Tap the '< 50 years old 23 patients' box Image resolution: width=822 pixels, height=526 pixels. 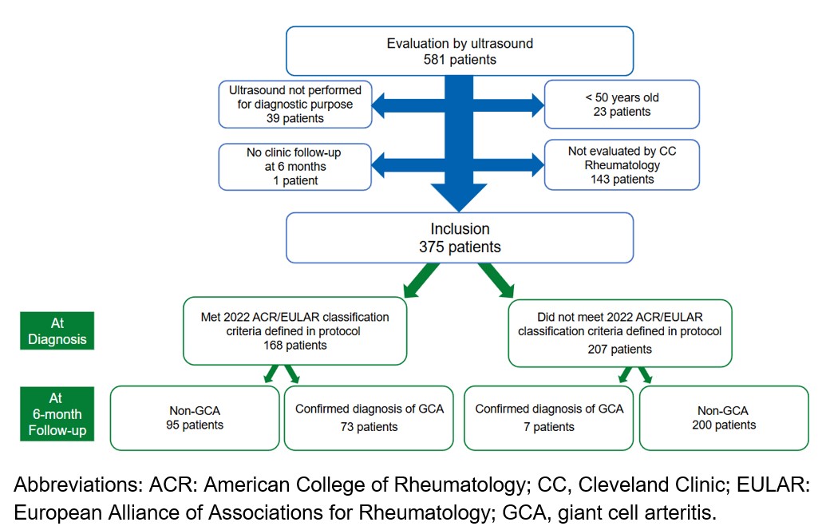tap(622, 104)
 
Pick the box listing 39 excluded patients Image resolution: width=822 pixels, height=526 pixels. tap(294, 104)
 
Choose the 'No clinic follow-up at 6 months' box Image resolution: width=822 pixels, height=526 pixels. tap(294, 166)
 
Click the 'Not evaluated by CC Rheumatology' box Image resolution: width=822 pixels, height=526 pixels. tap(622, 166)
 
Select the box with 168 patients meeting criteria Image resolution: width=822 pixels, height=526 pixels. tap(294, 331)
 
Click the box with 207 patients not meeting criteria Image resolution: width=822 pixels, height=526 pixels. tap(618, 331)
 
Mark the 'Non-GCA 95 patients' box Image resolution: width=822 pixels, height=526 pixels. tap(196, 418)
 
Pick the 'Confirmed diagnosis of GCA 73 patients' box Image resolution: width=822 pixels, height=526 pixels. tap(369, 418)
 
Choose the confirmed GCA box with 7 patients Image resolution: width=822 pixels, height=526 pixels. tap(549, 418)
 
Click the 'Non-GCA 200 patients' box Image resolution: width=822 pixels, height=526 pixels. tap(724, 418)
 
